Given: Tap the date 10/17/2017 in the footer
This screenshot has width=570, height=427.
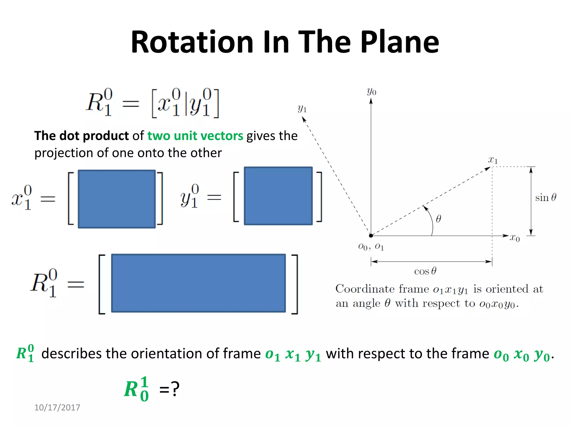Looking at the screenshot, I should pos(57,408).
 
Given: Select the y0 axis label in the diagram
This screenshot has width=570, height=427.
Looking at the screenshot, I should pos(372,91).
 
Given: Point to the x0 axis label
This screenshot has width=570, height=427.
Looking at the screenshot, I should pos(515,238).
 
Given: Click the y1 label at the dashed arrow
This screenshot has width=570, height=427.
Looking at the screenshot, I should pos(302,108).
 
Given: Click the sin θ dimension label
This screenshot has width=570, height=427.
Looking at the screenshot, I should pos(546,197).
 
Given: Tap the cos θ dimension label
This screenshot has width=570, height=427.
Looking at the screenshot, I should pos(425,271).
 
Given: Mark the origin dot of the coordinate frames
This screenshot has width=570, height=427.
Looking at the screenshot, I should pos(371,236).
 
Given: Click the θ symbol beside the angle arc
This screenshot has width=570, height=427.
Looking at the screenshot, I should pos(438,219).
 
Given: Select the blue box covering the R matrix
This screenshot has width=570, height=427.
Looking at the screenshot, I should pos(198,283).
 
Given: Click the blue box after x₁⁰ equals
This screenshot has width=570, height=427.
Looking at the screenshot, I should pos(117,199).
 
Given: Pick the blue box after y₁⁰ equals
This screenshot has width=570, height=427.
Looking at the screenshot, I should pos(278,196).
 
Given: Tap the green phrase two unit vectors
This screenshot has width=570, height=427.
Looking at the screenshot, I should pos(195,136).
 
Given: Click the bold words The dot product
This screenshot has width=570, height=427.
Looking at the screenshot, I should pos(81,136).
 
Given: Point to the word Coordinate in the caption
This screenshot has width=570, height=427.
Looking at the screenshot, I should pos(382,289).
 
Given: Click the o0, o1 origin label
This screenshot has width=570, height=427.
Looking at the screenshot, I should pos(371,247).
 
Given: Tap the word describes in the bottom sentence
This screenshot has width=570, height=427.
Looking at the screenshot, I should pos(72,354).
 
